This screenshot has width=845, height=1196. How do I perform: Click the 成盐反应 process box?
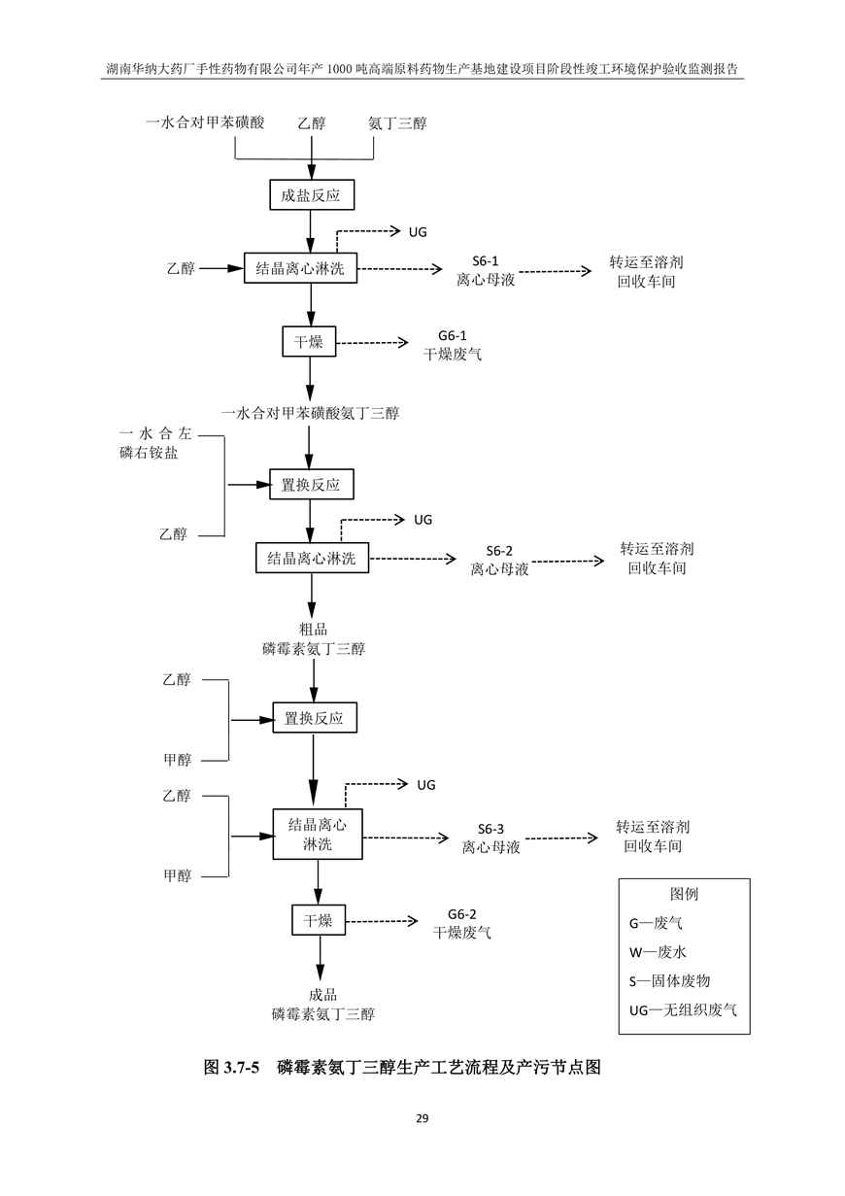tap(311, 195)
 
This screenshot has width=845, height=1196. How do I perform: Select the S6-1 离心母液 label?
tap(486, 270)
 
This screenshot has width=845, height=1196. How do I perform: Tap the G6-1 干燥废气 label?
tap(453, 345)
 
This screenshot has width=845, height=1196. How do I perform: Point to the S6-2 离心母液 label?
tap(499, 560)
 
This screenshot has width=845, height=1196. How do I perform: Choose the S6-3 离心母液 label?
tap(490, 838)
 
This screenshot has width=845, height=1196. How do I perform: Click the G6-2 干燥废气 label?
tap(461, 924)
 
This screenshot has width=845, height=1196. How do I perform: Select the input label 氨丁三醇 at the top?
tap(397, 123)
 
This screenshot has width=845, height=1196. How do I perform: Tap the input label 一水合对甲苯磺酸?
tap(206, 122)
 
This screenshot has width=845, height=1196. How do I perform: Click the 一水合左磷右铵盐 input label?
tap(155, 443)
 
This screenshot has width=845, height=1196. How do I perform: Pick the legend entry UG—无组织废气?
tap(683, 1009)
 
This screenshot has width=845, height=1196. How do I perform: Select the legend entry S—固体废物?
tap(669, 981)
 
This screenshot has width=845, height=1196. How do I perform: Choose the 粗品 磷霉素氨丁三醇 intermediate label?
tap(314, 639)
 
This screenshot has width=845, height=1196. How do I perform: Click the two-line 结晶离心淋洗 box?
tap(318, 834)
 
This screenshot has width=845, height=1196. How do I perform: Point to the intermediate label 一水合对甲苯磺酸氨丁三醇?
tap(310, 413)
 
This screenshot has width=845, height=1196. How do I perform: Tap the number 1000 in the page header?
tap(341, 69)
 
